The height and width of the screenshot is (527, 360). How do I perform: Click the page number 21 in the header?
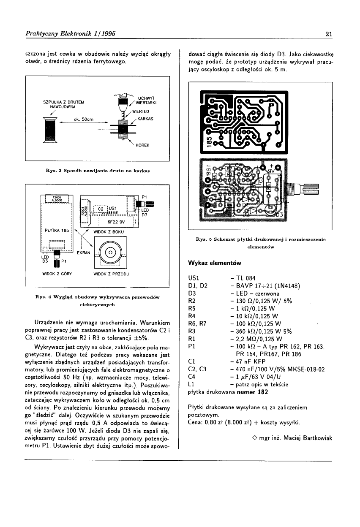click(329, 34)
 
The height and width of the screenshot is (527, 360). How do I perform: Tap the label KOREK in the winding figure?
click(142, 146)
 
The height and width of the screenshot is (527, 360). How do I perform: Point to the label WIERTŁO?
click(140, 111)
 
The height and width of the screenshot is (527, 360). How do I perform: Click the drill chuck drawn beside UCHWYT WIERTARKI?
click(122, 102)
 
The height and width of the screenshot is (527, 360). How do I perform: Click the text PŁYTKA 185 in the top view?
click(56, 231)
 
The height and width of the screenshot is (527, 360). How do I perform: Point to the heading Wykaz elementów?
click(214, 263)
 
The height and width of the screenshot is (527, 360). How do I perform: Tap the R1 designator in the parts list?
click(191, 339)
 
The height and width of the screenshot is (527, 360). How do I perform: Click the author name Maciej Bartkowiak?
click(303, 437)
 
